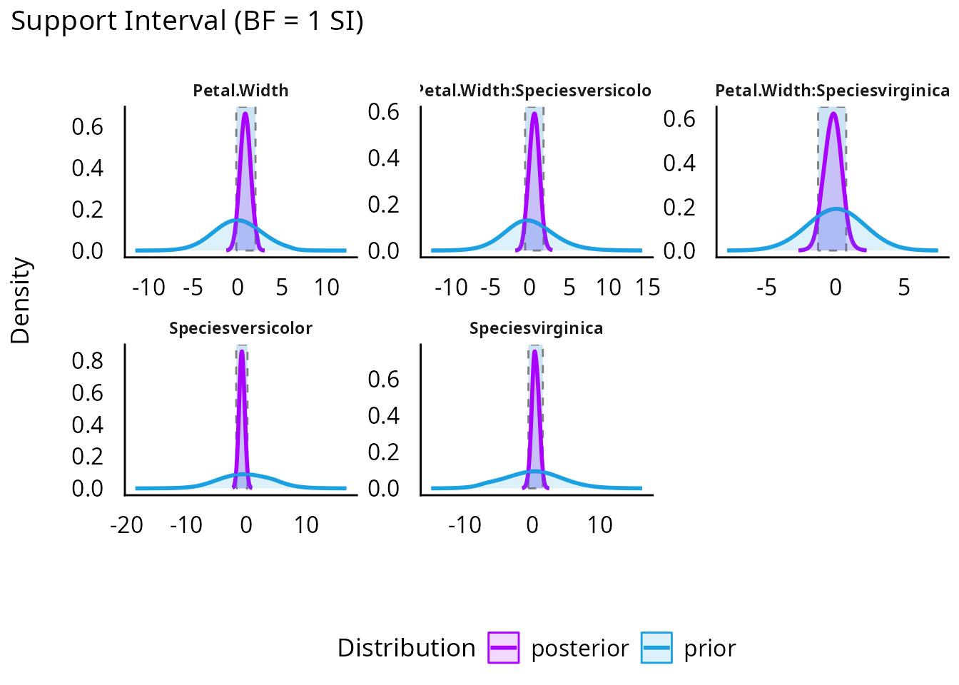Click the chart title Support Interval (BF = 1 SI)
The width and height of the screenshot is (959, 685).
coord(187,21)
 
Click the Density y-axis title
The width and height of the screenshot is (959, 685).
coord(21,300)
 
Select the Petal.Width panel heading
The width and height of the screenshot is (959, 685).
coord(241,91)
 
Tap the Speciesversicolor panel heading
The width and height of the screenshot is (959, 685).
coord(240,328)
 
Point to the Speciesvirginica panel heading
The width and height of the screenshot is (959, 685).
coord(536,328)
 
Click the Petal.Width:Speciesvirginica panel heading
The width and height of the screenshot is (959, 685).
coord(832,91)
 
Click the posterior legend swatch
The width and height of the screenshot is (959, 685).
coord(503,648)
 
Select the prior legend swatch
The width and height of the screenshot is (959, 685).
coord(656,648)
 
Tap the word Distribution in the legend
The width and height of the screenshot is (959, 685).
coord(406,648)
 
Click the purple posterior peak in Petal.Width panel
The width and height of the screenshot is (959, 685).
coord(245,113)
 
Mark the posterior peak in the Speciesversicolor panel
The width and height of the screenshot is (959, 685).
coord(242,350)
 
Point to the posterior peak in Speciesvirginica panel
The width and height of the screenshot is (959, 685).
coord(534,350)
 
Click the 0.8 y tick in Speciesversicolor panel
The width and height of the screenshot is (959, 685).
coord(88,360)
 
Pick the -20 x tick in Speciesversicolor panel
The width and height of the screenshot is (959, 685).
coord(127,525)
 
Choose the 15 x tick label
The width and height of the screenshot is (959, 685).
coord(647,288)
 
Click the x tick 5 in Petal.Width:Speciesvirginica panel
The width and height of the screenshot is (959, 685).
coord(904,288)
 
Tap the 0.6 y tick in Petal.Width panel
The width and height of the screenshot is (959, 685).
coord(88,127)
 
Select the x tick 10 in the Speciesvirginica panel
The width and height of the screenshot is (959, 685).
coord(600,525)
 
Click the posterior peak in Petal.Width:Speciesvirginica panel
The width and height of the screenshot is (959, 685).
coord(832,113)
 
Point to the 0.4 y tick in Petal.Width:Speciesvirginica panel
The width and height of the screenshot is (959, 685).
coord(679,163)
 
